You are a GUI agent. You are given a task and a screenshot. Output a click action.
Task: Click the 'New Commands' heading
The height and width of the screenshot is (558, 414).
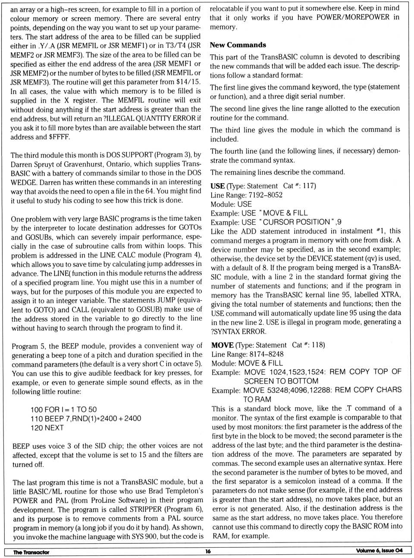(238, 45)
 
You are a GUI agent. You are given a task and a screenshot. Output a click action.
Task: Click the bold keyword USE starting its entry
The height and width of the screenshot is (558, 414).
(217, 186)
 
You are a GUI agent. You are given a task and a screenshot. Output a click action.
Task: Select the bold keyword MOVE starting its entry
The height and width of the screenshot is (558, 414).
(222, 345)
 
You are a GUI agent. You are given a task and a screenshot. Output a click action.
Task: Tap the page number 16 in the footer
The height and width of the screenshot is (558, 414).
(208, 551)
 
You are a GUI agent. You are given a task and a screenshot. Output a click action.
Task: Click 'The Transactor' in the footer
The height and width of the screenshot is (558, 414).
(31, 552)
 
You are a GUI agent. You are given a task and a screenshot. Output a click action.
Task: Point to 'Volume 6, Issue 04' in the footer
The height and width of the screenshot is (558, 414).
(379, 551)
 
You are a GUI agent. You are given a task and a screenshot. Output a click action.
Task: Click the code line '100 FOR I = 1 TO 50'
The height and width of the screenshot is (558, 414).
(63, 409)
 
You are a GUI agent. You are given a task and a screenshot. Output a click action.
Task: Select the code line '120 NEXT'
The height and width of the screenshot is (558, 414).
(47, 428)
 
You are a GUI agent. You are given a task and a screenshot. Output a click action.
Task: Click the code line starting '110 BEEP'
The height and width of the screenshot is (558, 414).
(85, 418)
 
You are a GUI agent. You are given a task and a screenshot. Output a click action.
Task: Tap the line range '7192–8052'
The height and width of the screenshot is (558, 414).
(265, 195)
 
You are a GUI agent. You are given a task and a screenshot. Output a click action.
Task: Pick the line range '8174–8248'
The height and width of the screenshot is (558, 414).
(266, 354)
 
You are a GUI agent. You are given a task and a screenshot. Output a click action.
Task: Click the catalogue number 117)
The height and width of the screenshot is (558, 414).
(309, 186)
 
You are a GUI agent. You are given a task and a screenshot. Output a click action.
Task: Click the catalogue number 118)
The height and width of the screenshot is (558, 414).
(318, 345)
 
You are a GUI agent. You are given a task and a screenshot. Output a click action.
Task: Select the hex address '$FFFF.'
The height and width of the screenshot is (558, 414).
(59, 137)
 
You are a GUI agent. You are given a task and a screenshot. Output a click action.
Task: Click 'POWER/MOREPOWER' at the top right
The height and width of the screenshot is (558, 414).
(353, 17)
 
